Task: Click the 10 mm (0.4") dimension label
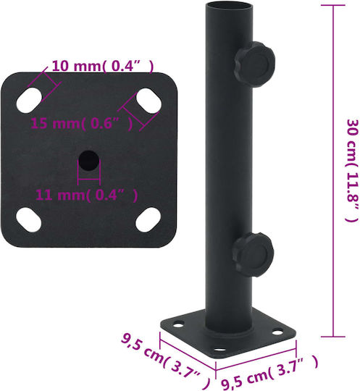point(103,66)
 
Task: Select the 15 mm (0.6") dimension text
point(81,123)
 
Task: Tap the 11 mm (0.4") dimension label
point(87,195)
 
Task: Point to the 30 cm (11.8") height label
point(353,170)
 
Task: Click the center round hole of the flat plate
point(89,161)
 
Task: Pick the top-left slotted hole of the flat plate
point(29,100)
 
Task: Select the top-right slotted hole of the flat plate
point(148,101)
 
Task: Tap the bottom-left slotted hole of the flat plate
point(29,219)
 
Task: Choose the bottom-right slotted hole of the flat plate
point(148,220)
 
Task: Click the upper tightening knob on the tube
point(254,64)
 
